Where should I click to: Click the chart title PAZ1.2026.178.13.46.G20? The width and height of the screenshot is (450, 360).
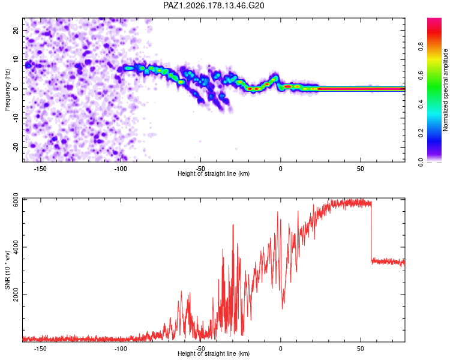[x=214, y=5]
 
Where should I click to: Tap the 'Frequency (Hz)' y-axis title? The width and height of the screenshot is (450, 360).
[x=7, y=90]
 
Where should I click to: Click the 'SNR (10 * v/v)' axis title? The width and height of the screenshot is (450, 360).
[x=7, y=270]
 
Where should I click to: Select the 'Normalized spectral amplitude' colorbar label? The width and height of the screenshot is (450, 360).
[x=445, y=90]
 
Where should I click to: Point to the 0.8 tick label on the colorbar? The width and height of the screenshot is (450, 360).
[x=421, y=46]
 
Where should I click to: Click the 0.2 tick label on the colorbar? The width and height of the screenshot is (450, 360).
[x=421, y=133]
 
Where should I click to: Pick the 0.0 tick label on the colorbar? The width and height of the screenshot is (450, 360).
[x=421, y=162]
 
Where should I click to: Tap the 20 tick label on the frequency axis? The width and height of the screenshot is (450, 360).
[x=16, y=31]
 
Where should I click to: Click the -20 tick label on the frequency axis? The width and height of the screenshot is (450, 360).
[x=16, y=147]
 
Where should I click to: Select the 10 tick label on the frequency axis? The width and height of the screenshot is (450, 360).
[x=16, y=59]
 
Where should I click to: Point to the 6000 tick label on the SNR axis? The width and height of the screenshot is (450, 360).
[x=16, y=200]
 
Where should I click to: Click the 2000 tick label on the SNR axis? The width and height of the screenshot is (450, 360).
[x=16, y=295]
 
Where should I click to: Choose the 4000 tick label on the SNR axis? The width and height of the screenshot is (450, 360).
[x=16, y=247]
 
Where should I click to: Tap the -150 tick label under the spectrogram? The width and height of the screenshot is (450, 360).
[x=40, y=169]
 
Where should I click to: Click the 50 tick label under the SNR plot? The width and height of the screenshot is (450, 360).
[x=361, y=349]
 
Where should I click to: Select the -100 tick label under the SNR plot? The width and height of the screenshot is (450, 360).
[x=120, y=349]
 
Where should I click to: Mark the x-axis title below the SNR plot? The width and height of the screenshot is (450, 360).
[x=214, y=353]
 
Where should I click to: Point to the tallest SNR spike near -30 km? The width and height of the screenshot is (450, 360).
[x=233, y=225]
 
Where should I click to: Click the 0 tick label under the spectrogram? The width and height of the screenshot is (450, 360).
[x=281, y=169]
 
